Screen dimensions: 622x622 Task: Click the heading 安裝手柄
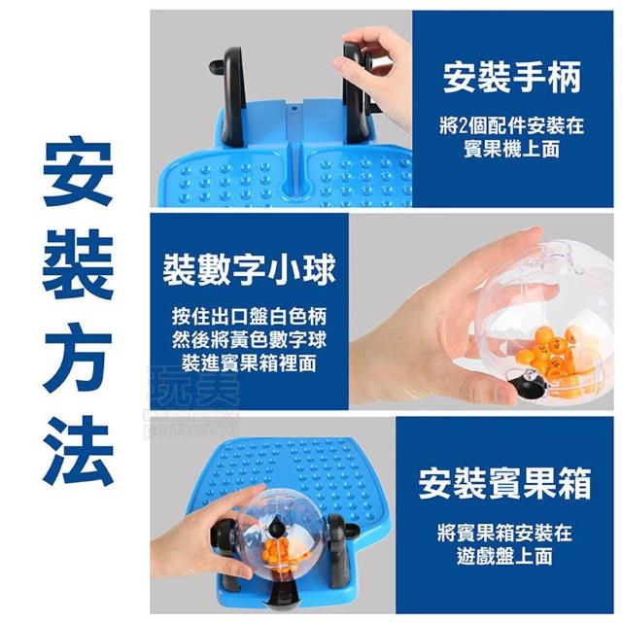pos(512,77)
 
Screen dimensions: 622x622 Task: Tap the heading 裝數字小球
pos(249,270)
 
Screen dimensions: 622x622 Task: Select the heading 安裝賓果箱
pos(504,483)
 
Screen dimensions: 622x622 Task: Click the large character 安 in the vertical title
pos(78,171)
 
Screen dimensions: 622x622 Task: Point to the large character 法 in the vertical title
pos(78,451)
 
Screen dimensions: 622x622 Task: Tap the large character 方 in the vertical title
pos(78,358)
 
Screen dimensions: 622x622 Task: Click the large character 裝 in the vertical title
pos(78,264)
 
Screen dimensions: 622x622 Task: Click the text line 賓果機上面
pos(512,149)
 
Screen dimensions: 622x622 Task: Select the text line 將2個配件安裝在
pos(512,125)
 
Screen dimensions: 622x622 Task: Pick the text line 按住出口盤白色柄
pos(249,316)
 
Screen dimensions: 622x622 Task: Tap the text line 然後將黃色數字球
pos(249,339)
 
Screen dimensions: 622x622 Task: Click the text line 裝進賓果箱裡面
pos(249,363)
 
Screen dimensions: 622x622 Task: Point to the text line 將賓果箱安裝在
pos(504,533)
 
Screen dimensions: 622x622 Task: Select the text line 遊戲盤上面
pos(504,556)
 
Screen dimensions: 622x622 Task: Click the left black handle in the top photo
pos(231,95)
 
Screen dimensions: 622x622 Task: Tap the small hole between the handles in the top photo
pos(294,108)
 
